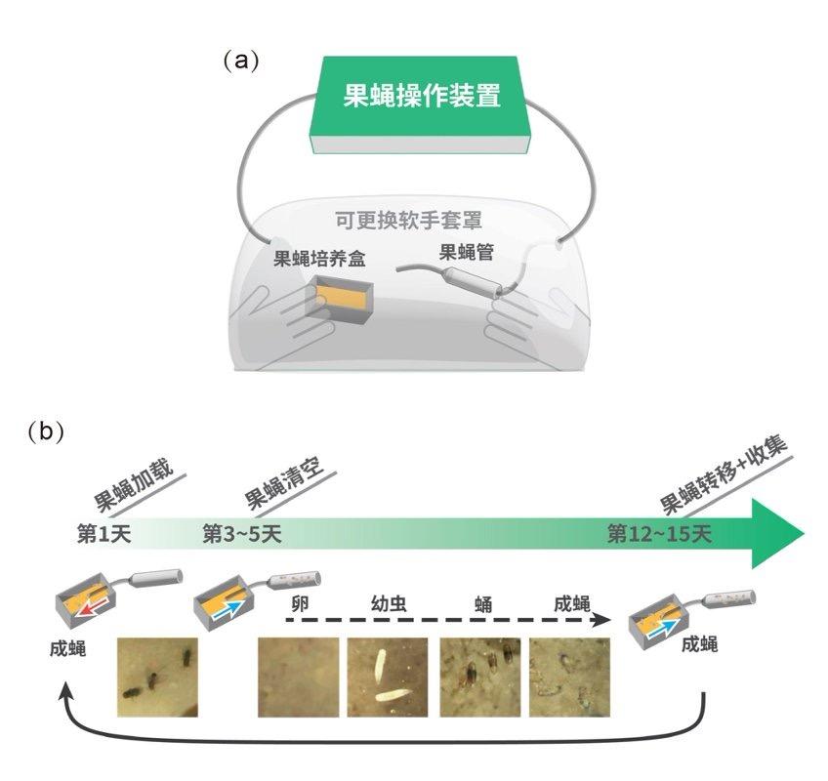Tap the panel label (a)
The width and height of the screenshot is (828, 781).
(x=241, y=61)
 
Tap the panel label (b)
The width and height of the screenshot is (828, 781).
(x=46, y=431)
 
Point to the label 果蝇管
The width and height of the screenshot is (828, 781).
(x=467, y=253)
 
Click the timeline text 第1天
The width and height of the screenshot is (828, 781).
(x=103, y=534)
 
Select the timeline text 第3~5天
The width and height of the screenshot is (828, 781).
(x=241, y=534)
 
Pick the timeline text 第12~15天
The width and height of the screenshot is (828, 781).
(x=660, y=534)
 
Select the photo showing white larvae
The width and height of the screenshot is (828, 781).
(x=388, y=676)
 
